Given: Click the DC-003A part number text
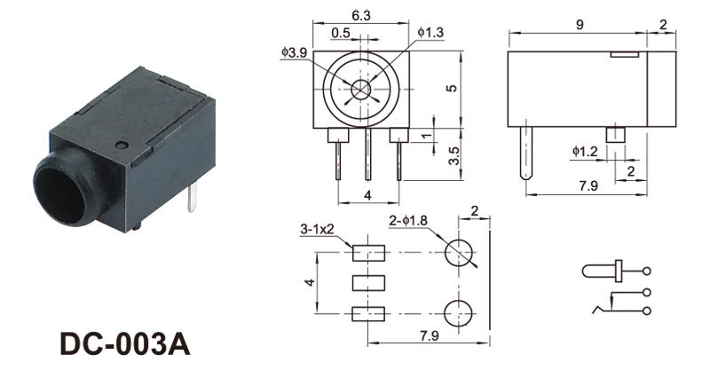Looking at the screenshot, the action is pos(125,345).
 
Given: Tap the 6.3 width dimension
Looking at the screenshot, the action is pos(361,15).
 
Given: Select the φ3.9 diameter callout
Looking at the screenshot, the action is pos(294,52).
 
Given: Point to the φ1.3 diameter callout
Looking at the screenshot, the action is pos(430,32).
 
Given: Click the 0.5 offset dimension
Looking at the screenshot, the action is pos(341,33).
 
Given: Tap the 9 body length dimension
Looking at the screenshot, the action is pos(580,25).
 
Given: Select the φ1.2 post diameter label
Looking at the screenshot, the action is pos(585,151).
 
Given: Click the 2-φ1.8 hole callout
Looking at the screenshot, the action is pos(408,221).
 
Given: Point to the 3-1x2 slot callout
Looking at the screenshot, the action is pos(317,229).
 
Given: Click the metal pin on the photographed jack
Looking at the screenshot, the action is pos(193,198).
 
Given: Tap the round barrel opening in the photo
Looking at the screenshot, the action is pos(60,193).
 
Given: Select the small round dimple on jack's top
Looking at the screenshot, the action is pos(122,146).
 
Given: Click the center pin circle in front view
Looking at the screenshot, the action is pos(361,90).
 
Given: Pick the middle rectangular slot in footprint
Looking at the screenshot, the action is pos(368,283).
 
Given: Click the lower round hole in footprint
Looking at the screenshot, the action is pos(458,313).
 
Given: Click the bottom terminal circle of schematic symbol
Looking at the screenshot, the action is pos(647,311).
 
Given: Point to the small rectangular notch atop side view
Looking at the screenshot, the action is pos(625,54).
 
